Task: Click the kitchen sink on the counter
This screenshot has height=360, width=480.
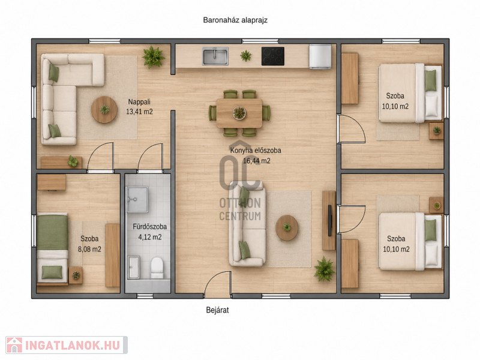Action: [x=215, y=56]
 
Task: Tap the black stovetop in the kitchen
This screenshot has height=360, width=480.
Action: [x=273, y=56]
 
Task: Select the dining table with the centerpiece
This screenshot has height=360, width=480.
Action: [x=239, y=113]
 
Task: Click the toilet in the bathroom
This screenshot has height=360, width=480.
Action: [x=157, y=268]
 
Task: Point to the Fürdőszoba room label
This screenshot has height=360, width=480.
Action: [x=149, y=227]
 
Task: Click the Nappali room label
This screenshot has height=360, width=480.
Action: [x=139, y=101]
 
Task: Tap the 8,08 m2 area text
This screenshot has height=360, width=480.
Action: [x=89, y=249]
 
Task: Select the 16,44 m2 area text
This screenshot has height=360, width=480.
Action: [x=257, y=161]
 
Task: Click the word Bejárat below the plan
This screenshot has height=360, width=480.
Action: [x=217, y=310]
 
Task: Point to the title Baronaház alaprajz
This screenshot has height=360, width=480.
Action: [x=235, y=20]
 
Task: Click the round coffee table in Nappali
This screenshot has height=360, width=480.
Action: [x=104, y=110]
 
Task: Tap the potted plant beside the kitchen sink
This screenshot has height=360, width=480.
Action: [x=245, y=56]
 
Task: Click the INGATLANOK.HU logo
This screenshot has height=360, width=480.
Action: [x=67, y=346]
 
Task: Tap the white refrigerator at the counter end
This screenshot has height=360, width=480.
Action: [x=320, y=56]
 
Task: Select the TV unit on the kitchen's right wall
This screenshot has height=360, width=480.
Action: [x=329, y=220]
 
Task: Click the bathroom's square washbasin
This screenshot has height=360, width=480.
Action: [x=137, y=199]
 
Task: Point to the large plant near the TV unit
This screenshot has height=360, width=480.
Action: [x=324, y=269]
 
